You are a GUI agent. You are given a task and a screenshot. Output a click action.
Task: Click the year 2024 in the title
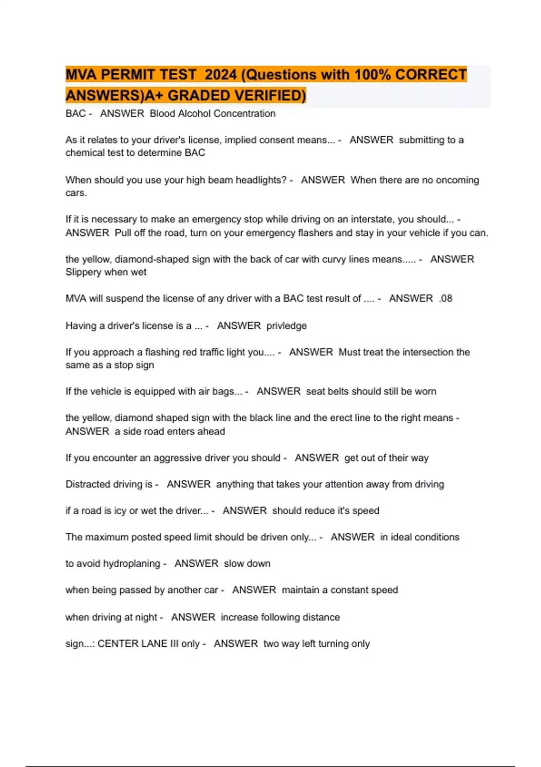click(x=220, y=74)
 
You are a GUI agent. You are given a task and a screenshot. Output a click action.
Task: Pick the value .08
click(x=445, y=299)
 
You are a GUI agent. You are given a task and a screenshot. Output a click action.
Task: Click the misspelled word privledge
click(x=286, y=326)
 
